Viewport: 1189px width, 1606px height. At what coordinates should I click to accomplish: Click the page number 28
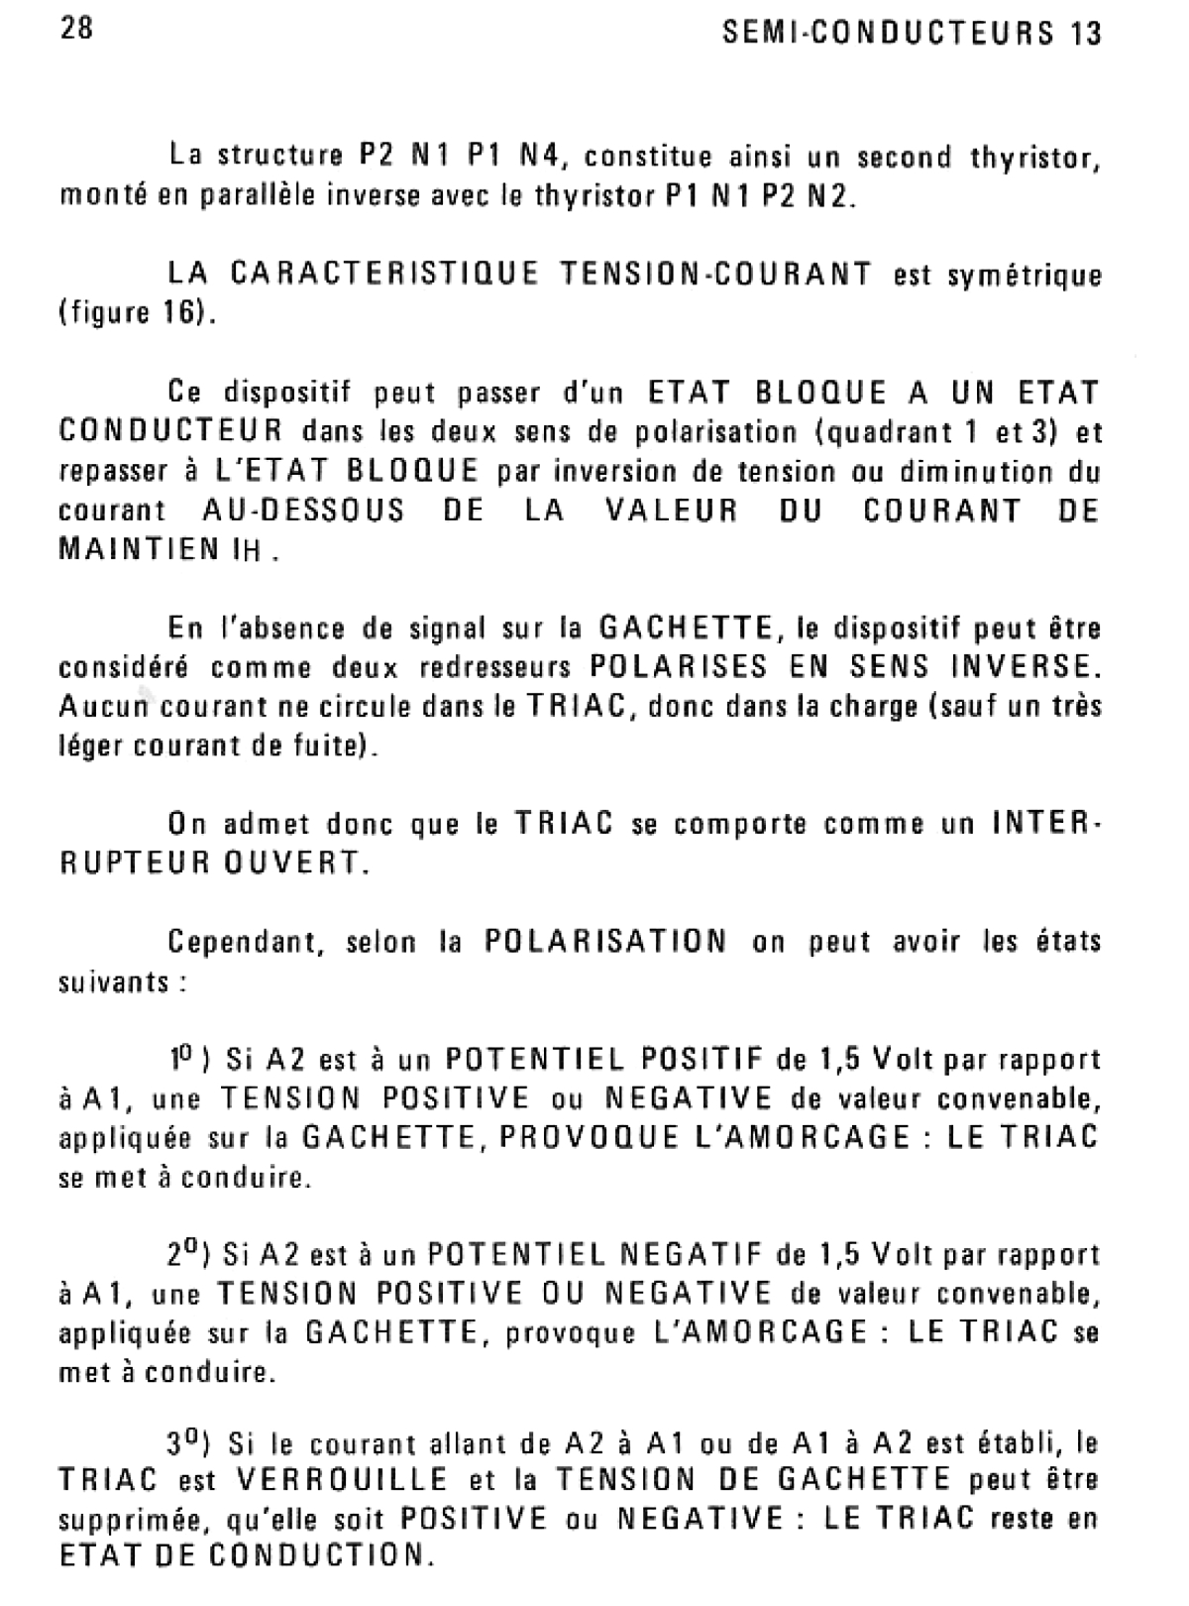click(x=76, y=29)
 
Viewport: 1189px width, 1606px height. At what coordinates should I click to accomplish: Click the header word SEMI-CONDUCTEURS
click(x=885, y=34)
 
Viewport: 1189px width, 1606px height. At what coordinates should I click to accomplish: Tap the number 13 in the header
click(x=1086, y=34)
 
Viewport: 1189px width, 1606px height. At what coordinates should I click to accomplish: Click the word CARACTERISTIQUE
click(x=385, y=274)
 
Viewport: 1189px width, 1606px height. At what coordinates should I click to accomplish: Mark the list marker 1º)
click(x=187, y=1060)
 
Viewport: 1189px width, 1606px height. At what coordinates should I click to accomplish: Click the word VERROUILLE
click(x=343, y=1481)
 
